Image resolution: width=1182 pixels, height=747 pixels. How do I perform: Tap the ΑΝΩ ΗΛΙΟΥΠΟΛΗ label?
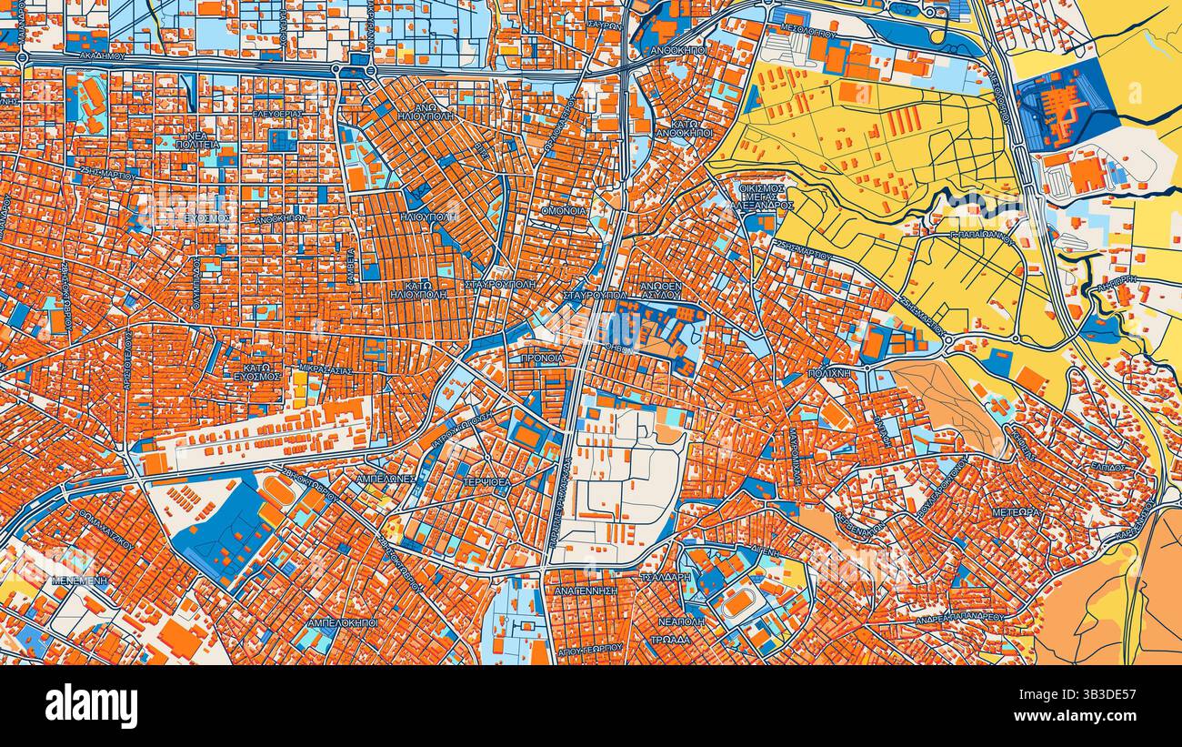pyautogui.click(x=420, y=110)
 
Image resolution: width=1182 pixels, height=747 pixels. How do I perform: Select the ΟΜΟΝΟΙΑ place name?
pyautogui.click(x=564, y=211)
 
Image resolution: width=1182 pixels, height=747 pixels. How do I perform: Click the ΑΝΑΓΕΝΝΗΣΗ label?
pyautogui.click(x=586, y=591)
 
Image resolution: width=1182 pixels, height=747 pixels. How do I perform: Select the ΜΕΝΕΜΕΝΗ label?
pyautogui.click(x=79, y=580)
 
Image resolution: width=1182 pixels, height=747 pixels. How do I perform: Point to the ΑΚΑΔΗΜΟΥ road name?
pyautogui.click(x=100, y=56)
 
